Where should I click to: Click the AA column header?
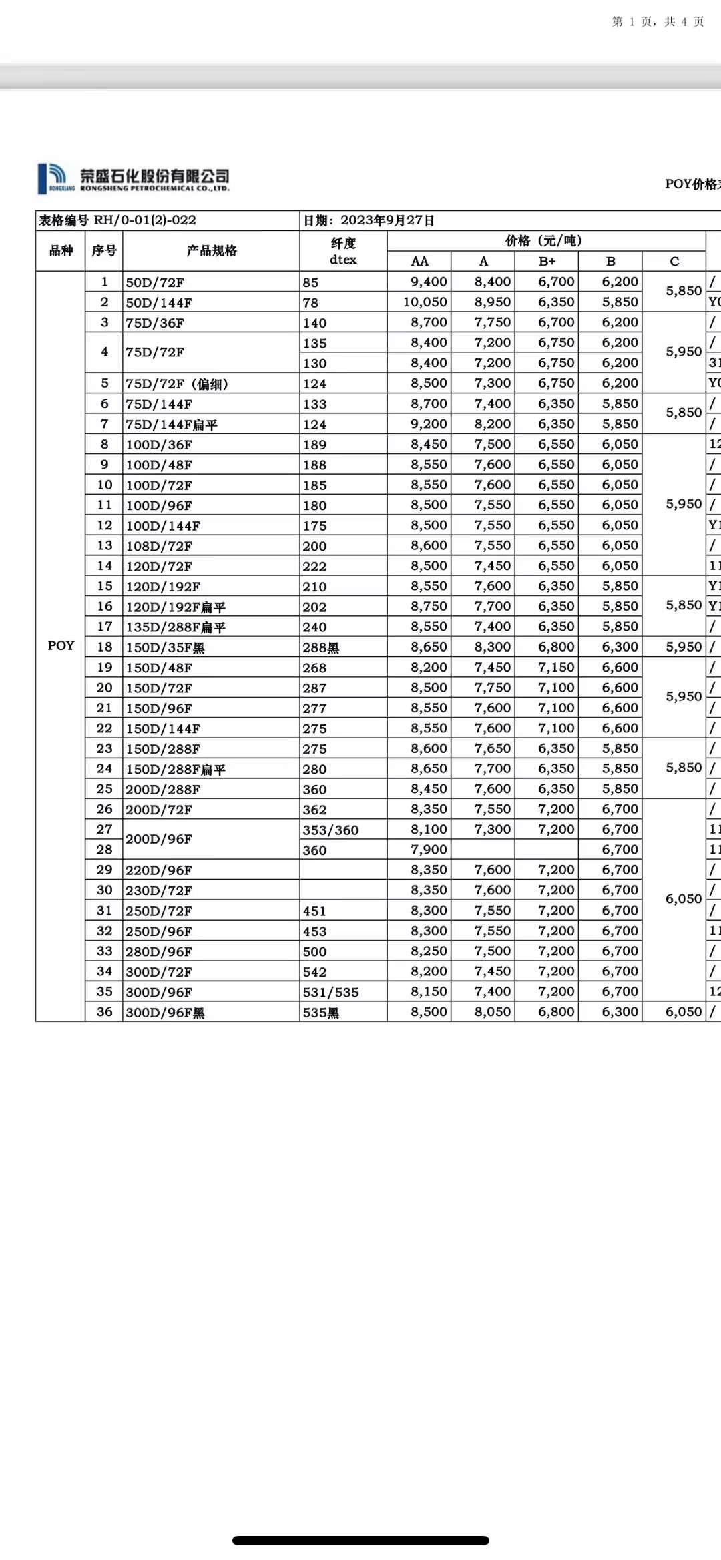pos(419,261)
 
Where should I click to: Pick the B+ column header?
pos(547,261)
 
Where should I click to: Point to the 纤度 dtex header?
pos(343,251)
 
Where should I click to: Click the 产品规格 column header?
pos(211,251)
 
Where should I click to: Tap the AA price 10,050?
pos(425,302)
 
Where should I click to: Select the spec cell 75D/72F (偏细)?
pos(177,384)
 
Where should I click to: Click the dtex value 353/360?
pos(330,830)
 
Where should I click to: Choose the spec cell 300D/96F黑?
pos(165,1013)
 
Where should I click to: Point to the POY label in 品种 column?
pos(61,645)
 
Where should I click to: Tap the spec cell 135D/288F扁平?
pos(176,627)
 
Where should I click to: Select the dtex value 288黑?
pos(320,647)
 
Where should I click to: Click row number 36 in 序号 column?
pos(104,1012)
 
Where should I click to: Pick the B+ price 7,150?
pos(556,668)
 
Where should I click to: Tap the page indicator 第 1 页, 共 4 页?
pos(658,22)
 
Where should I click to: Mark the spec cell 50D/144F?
pos(159,303)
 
